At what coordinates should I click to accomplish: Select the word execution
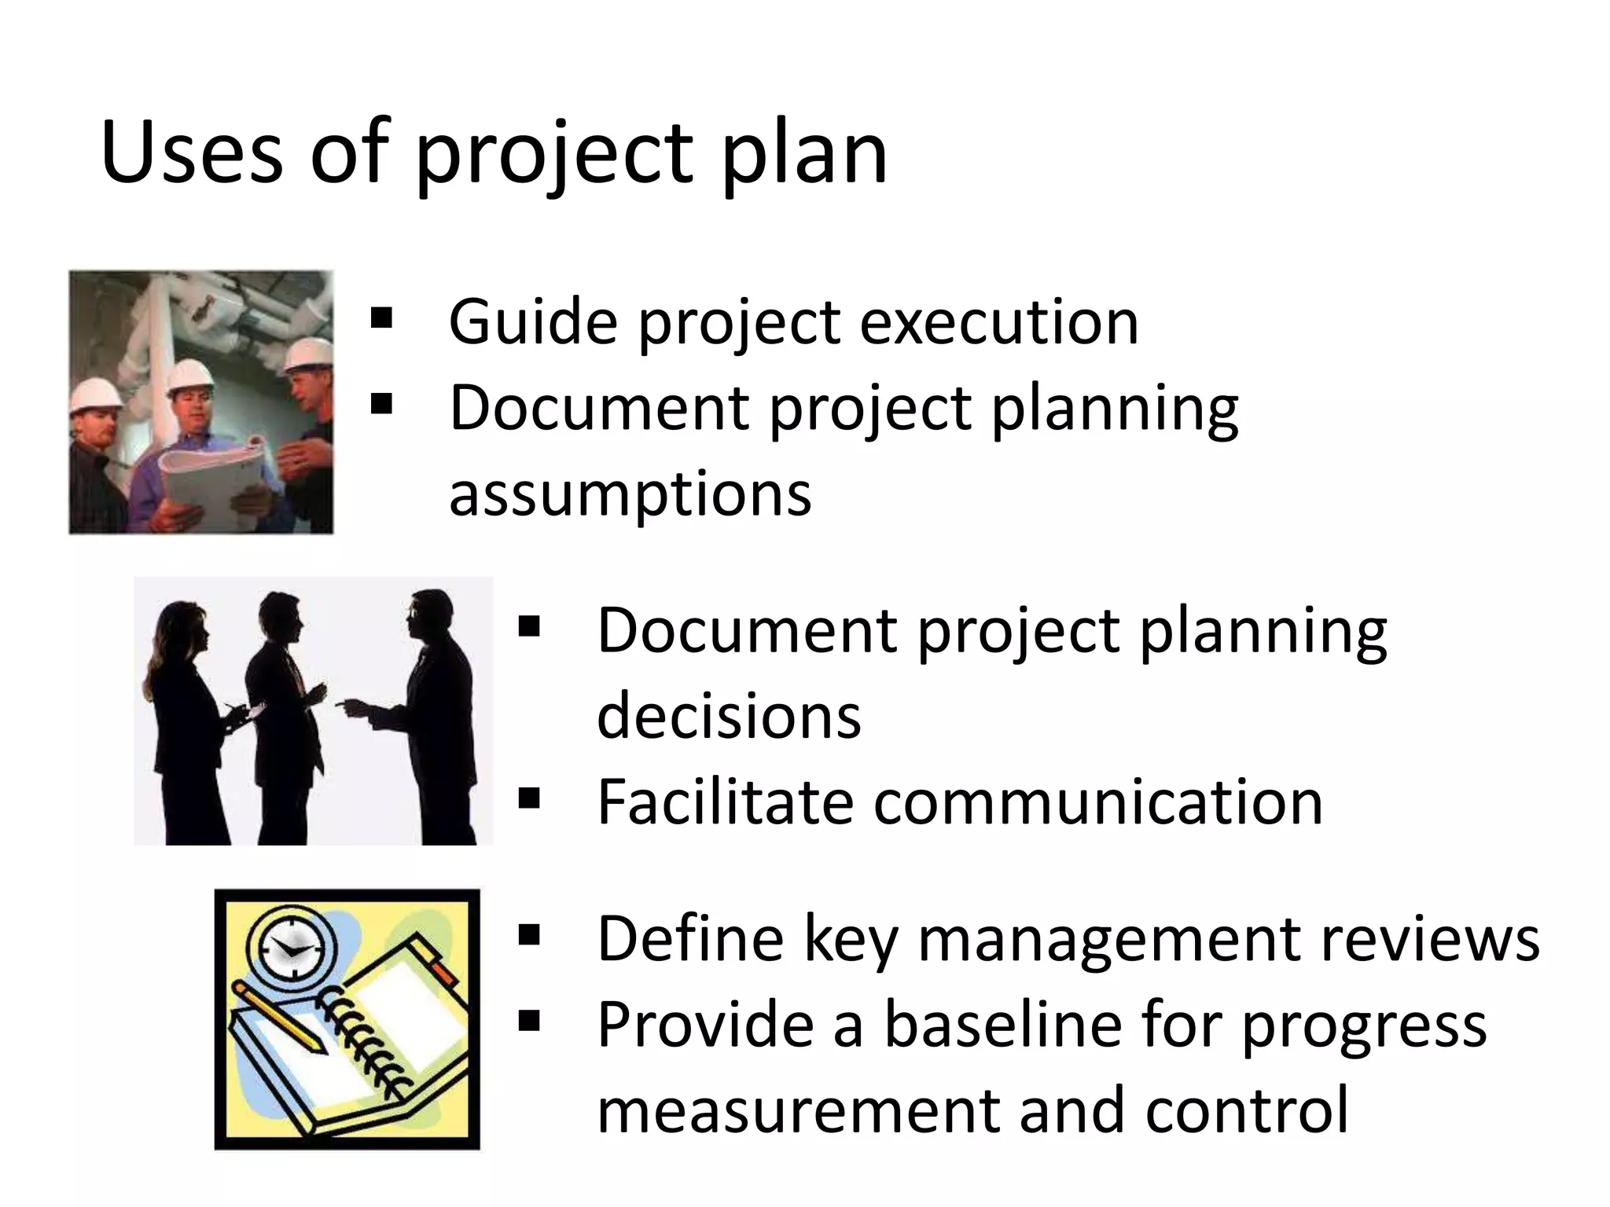pyautogui.click(x=998, y=321)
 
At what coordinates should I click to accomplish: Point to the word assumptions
pyautogui.click(x=630, y=494)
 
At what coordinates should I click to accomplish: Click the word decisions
pyautogui.click(x=729, y=716)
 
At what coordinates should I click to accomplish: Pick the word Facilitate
pyautogui.click(x=724, y=802)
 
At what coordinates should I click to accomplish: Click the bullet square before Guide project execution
pyautogui.click(x=381, y=319)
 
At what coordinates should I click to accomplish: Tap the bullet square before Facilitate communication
pyautogui.click(x=529, y=799)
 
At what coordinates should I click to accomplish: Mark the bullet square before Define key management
pyautogui.click(x=529, y=935)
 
